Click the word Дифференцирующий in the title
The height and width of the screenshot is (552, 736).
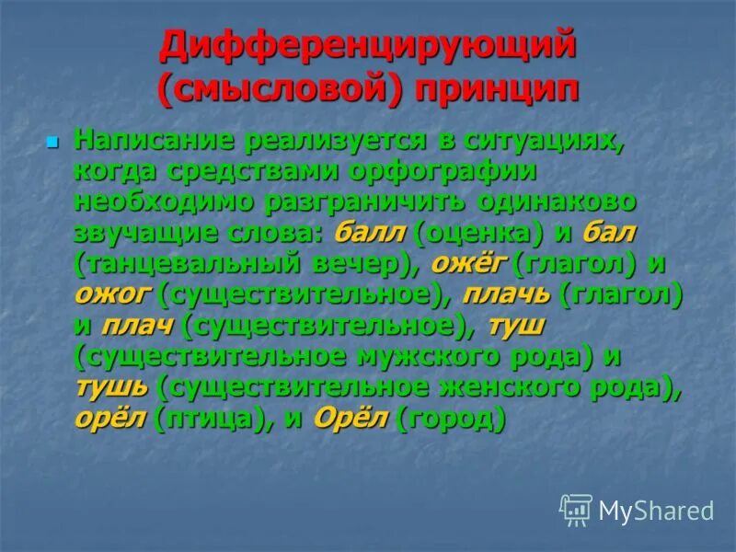coord(368,47)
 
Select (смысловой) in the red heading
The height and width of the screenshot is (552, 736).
coord(281,91)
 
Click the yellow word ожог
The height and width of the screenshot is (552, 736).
coord(112,294)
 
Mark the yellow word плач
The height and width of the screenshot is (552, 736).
coord(137,325)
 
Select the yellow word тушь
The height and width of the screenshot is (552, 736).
coord(111,388)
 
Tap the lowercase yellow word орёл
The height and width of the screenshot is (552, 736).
coord(111,419)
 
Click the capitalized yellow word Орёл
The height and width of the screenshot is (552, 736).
coord(352,419)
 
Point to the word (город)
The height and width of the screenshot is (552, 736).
coord(452,420)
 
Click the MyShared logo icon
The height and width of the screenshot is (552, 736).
coord(576,509)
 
